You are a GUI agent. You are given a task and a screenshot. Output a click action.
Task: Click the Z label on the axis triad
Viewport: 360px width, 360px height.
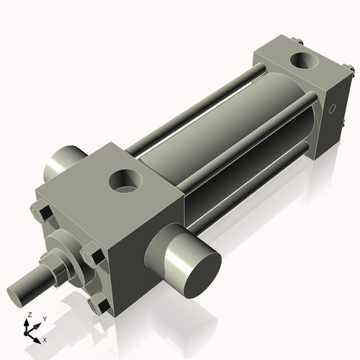[29, 315]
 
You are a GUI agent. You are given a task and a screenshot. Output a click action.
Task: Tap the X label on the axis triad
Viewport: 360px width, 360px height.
[45, 338]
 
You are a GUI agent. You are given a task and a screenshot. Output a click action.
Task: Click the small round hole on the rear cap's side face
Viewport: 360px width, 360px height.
[332, 110]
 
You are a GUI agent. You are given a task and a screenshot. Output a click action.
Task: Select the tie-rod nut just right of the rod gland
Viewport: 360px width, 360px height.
[92, 255]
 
